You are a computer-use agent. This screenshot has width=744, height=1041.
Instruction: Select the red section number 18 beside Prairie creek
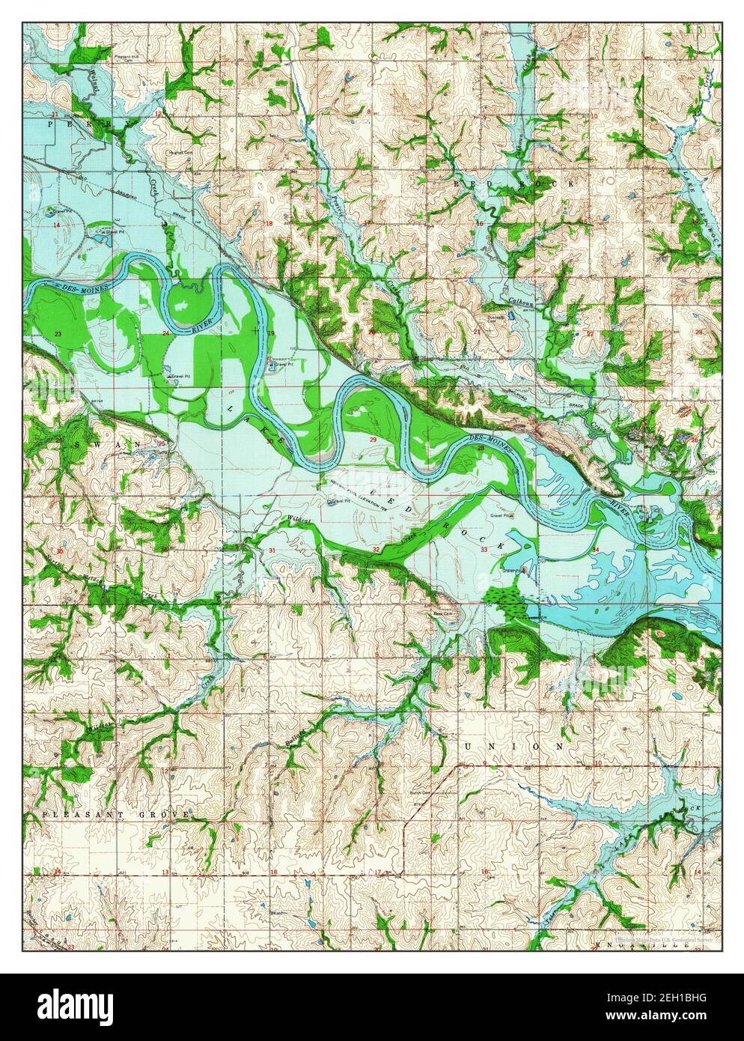(x=268, y=224)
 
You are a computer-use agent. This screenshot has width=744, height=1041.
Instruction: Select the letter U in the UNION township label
(x=469, y=747)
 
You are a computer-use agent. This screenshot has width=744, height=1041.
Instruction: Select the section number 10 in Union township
(x=597, y=763)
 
